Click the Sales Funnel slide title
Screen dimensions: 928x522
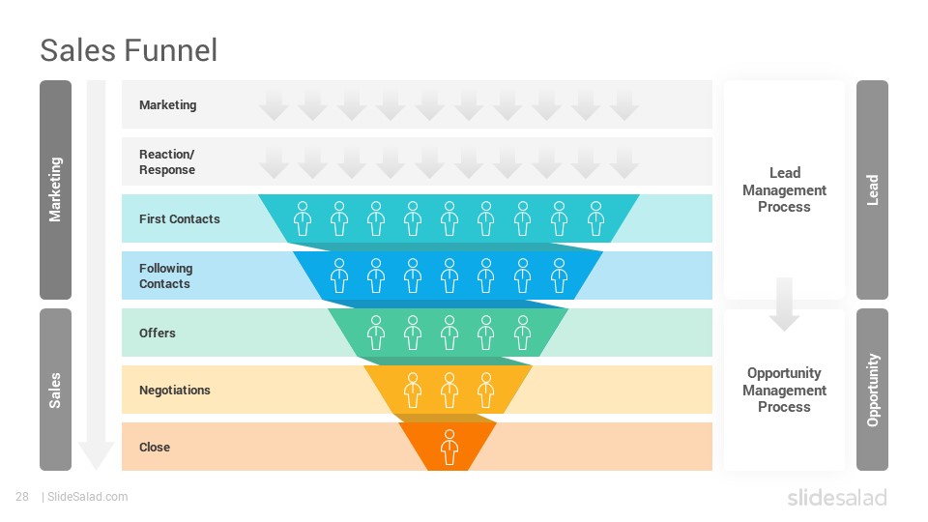coord(129,50)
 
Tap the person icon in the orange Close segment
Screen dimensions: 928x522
coord(449,448)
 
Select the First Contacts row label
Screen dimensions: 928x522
coord(180,219)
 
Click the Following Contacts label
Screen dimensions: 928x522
coord(165,275)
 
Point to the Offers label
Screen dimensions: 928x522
coord(158,333)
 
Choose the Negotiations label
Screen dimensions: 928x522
coord(175,390)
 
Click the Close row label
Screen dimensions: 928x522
coord(155,448)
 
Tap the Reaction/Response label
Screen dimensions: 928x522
coord(167,161)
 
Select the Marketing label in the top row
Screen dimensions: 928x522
coord(167,104)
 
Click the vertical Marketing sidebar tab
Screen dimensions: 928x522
coord(56,190)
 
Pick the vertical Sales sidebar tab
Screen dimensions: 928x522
coord(56,390)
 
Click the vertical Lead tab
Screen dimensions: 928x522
coord(872,190)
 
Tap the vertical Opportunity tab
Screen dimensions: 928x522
coord(872,390)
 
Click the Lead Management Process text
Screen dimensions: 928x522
coord(784,190)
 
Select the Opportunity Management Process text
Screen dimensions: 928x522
coord(784,390)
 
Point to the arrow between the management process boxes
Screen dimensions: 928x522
coord(784,304)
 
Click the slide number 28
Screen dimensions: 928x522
coord(22,497)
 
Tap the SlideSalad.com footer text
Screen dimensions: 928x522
coord(85,497)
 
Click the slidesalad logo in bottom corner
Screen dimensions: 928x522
coord(837,498)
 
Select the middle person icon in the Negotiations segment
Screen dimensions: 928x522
coord(449,391)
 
